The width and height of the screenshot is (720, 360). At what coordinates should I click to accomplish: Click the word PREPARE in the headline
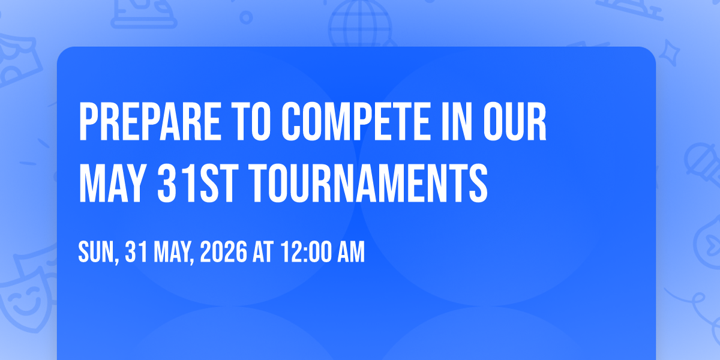tap(150, 121)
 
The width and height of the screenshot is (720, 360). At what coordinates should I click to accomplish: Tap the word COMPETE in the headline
tap(356, 121)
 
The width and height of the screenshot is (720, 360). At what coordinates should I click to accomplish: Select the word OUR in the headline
tap(515, 121)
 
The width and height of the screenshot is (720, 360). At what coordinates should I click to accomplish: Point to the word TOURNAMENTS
tap(368, 183)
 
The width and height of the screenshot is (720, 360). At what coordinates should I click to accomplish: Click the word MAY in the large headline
tap(111, 183)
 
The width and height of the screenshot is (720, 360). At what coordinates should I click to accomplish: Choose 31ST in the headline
tap(197, 183)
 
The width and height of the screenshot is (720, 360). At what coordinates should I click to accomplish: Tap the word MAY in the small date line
tap(174, 253)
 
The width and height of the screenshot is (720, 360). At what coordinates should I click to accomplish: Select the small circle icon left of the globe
tap(246, 17)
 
